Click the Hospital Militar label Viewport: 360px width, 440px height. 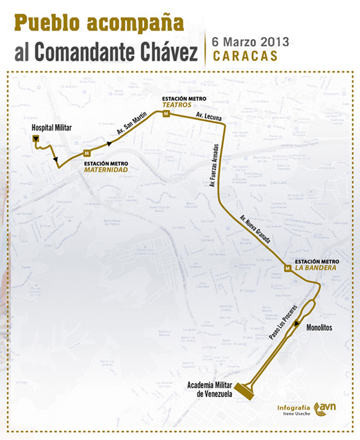pos(52,127)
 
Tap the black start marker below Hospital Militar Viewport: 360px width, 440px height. pos(36,138)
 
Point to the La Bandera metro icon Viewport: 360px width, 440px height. pos(288,268)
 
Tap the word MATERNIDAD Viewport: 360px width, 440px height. pos(106,169)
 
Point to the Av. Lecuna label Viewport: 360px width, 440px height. pos(206,116)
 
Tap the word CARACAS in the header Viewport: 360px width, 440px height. pos(242,55)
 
